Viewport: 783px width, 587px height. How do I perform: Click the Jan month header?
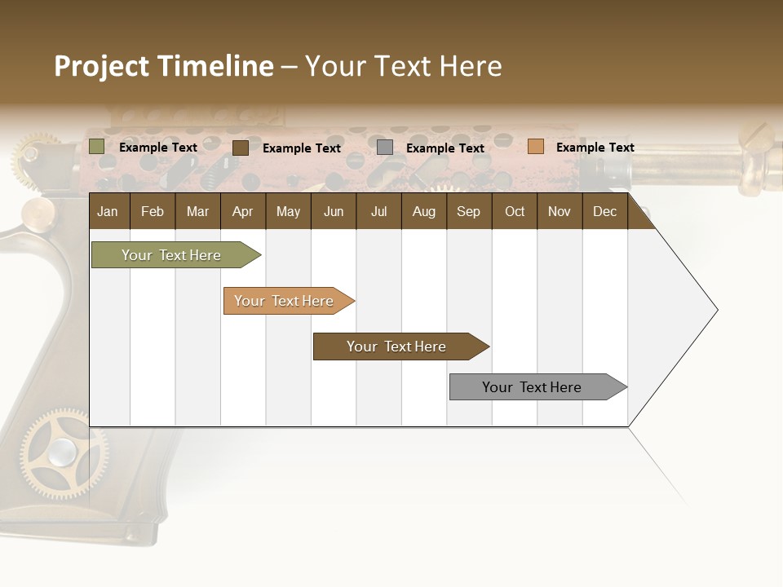[x=108, y=212]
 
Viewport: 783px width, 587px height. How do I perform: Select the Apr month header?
[x=242, y=212]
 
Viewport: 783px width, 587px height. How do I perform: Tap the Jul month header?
[x=378, y=212]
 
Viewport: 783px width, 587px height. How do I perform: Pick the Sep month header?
[x=468, y=212]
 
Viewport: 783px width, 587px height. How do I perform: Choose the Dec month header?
[x=604, y=212]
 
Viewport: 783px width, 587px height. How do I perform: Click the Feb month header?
[x=153, y=212]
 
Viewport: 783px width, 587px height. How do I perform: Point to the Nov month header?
[x=559, y=212]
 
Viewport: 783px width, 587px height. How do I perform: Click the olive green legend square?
[x=96, y=147]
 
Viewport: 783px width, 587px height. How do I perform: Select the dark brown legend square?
[x=241, y=148]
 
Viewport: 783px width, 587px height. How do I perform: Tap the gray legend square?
[x=385, y=148]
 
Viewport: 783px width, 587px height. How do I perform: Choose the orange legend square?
[x=535, y=147]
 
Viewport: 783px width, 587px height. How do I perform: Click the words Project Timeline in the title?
[x=163, y=66]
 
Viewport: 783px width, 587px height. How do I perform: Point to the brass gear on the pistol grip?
[x=62, y=452]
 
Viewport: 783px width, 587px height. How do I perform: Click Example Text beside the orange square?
[x=595, y=148]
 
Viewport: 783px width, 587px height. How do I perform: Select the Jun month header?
[x=334, y=212]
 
